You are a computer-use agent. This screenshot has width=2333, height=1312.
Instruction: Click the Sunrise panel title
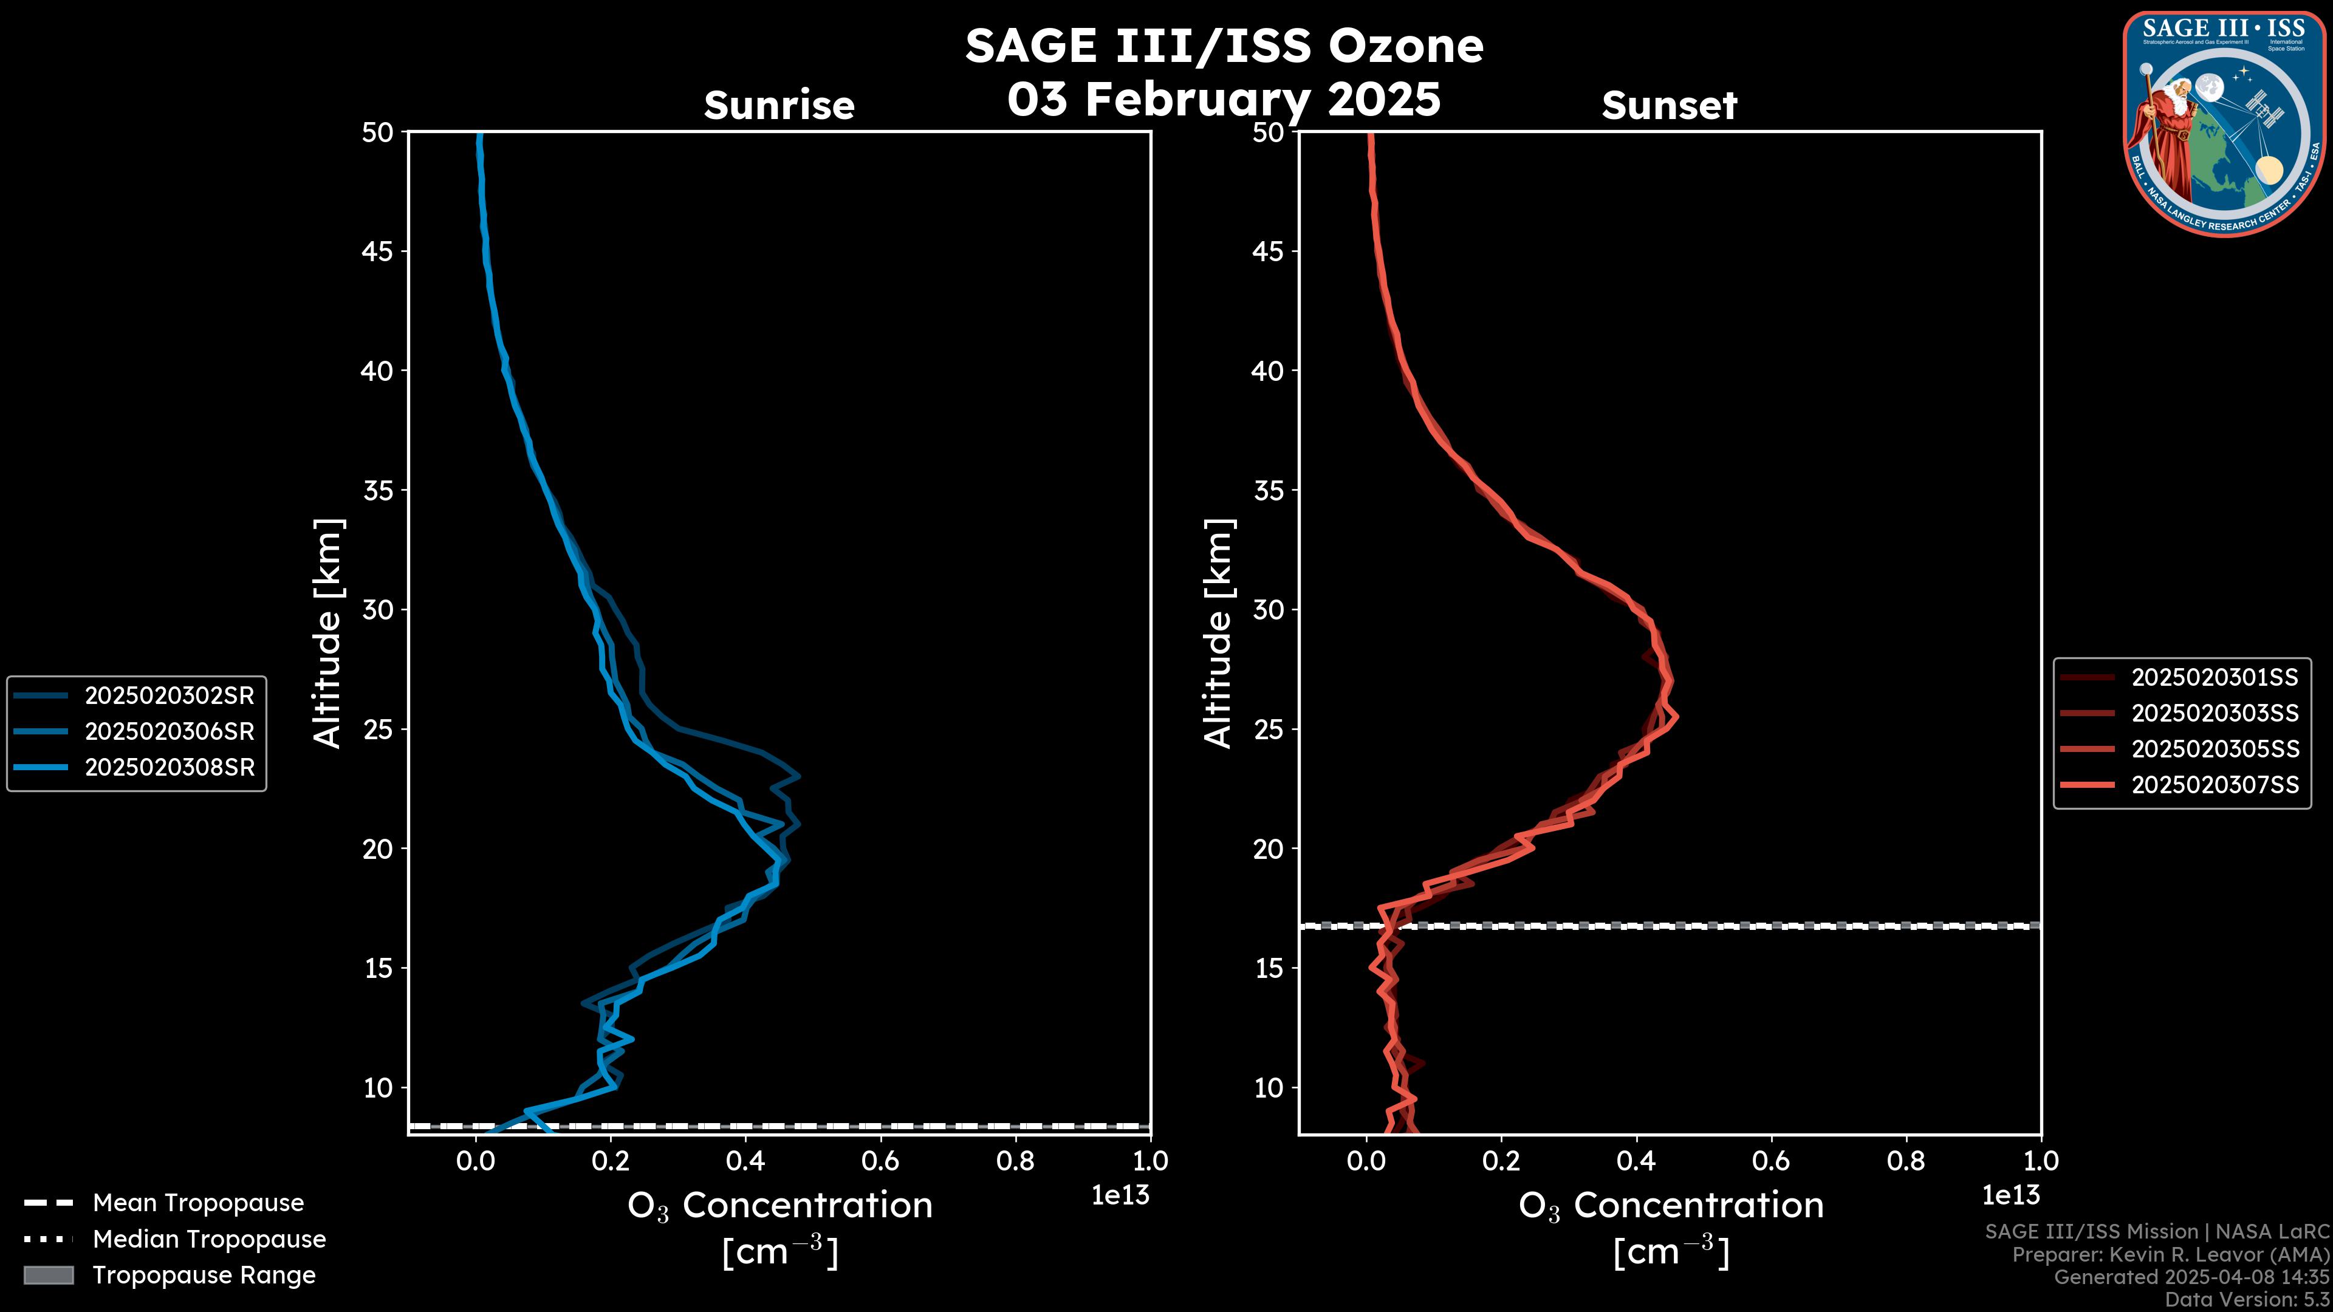(x=779, y=106)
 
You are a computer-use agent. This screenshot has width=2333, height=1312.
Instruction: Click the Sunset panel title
(x=1669, y=106)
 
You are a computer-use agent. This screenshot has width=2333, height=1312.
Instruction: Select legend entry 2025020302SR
(x=170, y=695)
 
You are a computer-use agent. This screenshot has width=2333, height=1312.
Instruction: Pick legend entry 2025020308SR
(x=170, y=767)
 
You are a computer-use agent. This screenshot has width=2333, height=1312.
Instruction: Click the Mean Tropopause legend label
(x=198, y=1203)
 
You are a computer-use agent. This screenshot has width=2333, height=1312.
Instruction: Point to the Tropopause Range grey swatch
(x=49, y=1275)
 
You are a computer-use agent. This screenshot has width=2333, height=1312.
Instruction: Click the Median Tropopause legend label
(x=209, y=1239)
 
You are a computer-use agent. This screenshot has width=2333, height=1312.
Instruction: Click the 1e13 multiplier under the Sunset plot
(x=2010, y=1195)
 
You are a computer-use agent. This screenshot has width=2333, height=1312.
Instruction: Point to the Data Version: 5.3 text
(x=2247, y=1299)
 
